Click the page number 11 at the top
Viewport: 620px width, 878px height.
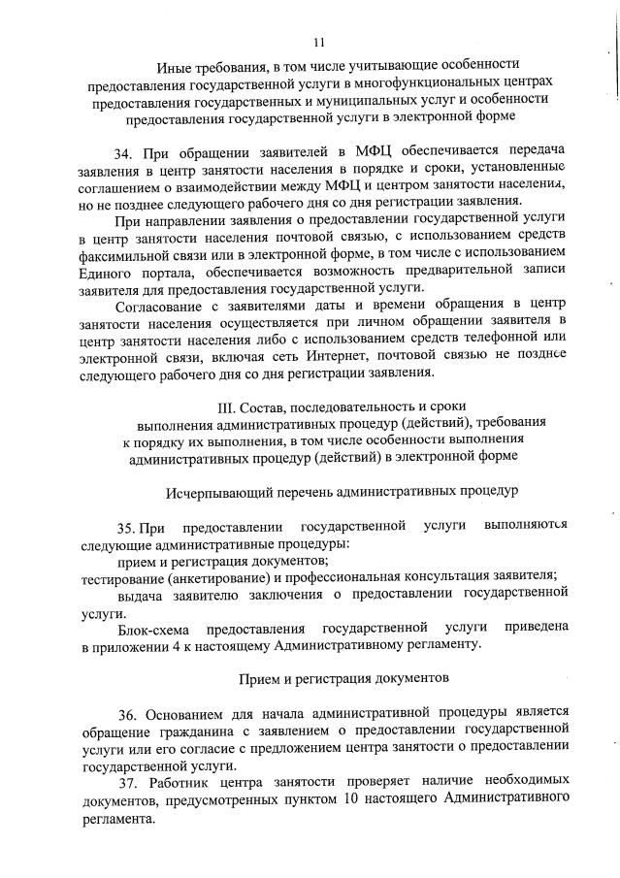[319, 42]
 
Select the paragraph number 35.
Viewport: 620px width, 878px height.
[127, 527]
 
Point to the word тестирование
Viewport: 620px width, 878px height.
[121, 577]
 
